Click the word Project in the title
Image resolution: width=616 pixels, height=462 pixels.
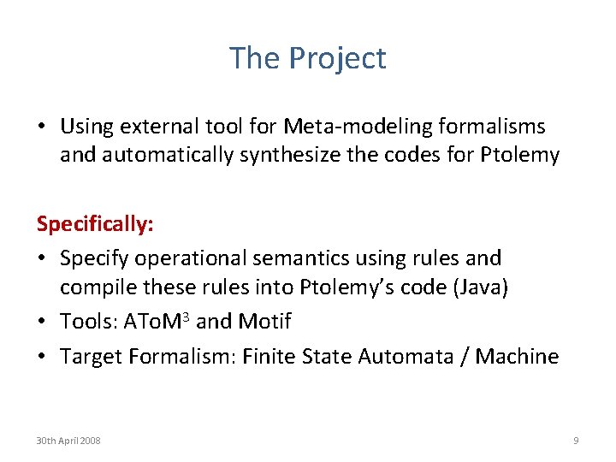coord(337,58)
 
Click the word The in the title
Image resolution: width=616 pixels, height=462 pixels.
coord(255,58)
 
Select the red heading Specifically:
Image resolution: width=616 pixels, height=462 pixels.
coord(95,224)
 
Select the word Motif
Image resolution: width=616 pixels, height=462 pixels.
coord(265,322)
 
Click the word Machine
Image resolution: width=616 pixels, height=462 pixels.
coord(517,355)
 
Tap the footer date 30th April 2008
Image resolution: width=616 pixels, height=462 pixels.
coord(68,440)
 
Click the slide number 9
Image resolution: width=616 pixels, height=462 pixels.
coord(576,440)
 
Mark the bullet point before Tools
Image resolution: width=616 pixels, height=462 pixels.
coord(42,323)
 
